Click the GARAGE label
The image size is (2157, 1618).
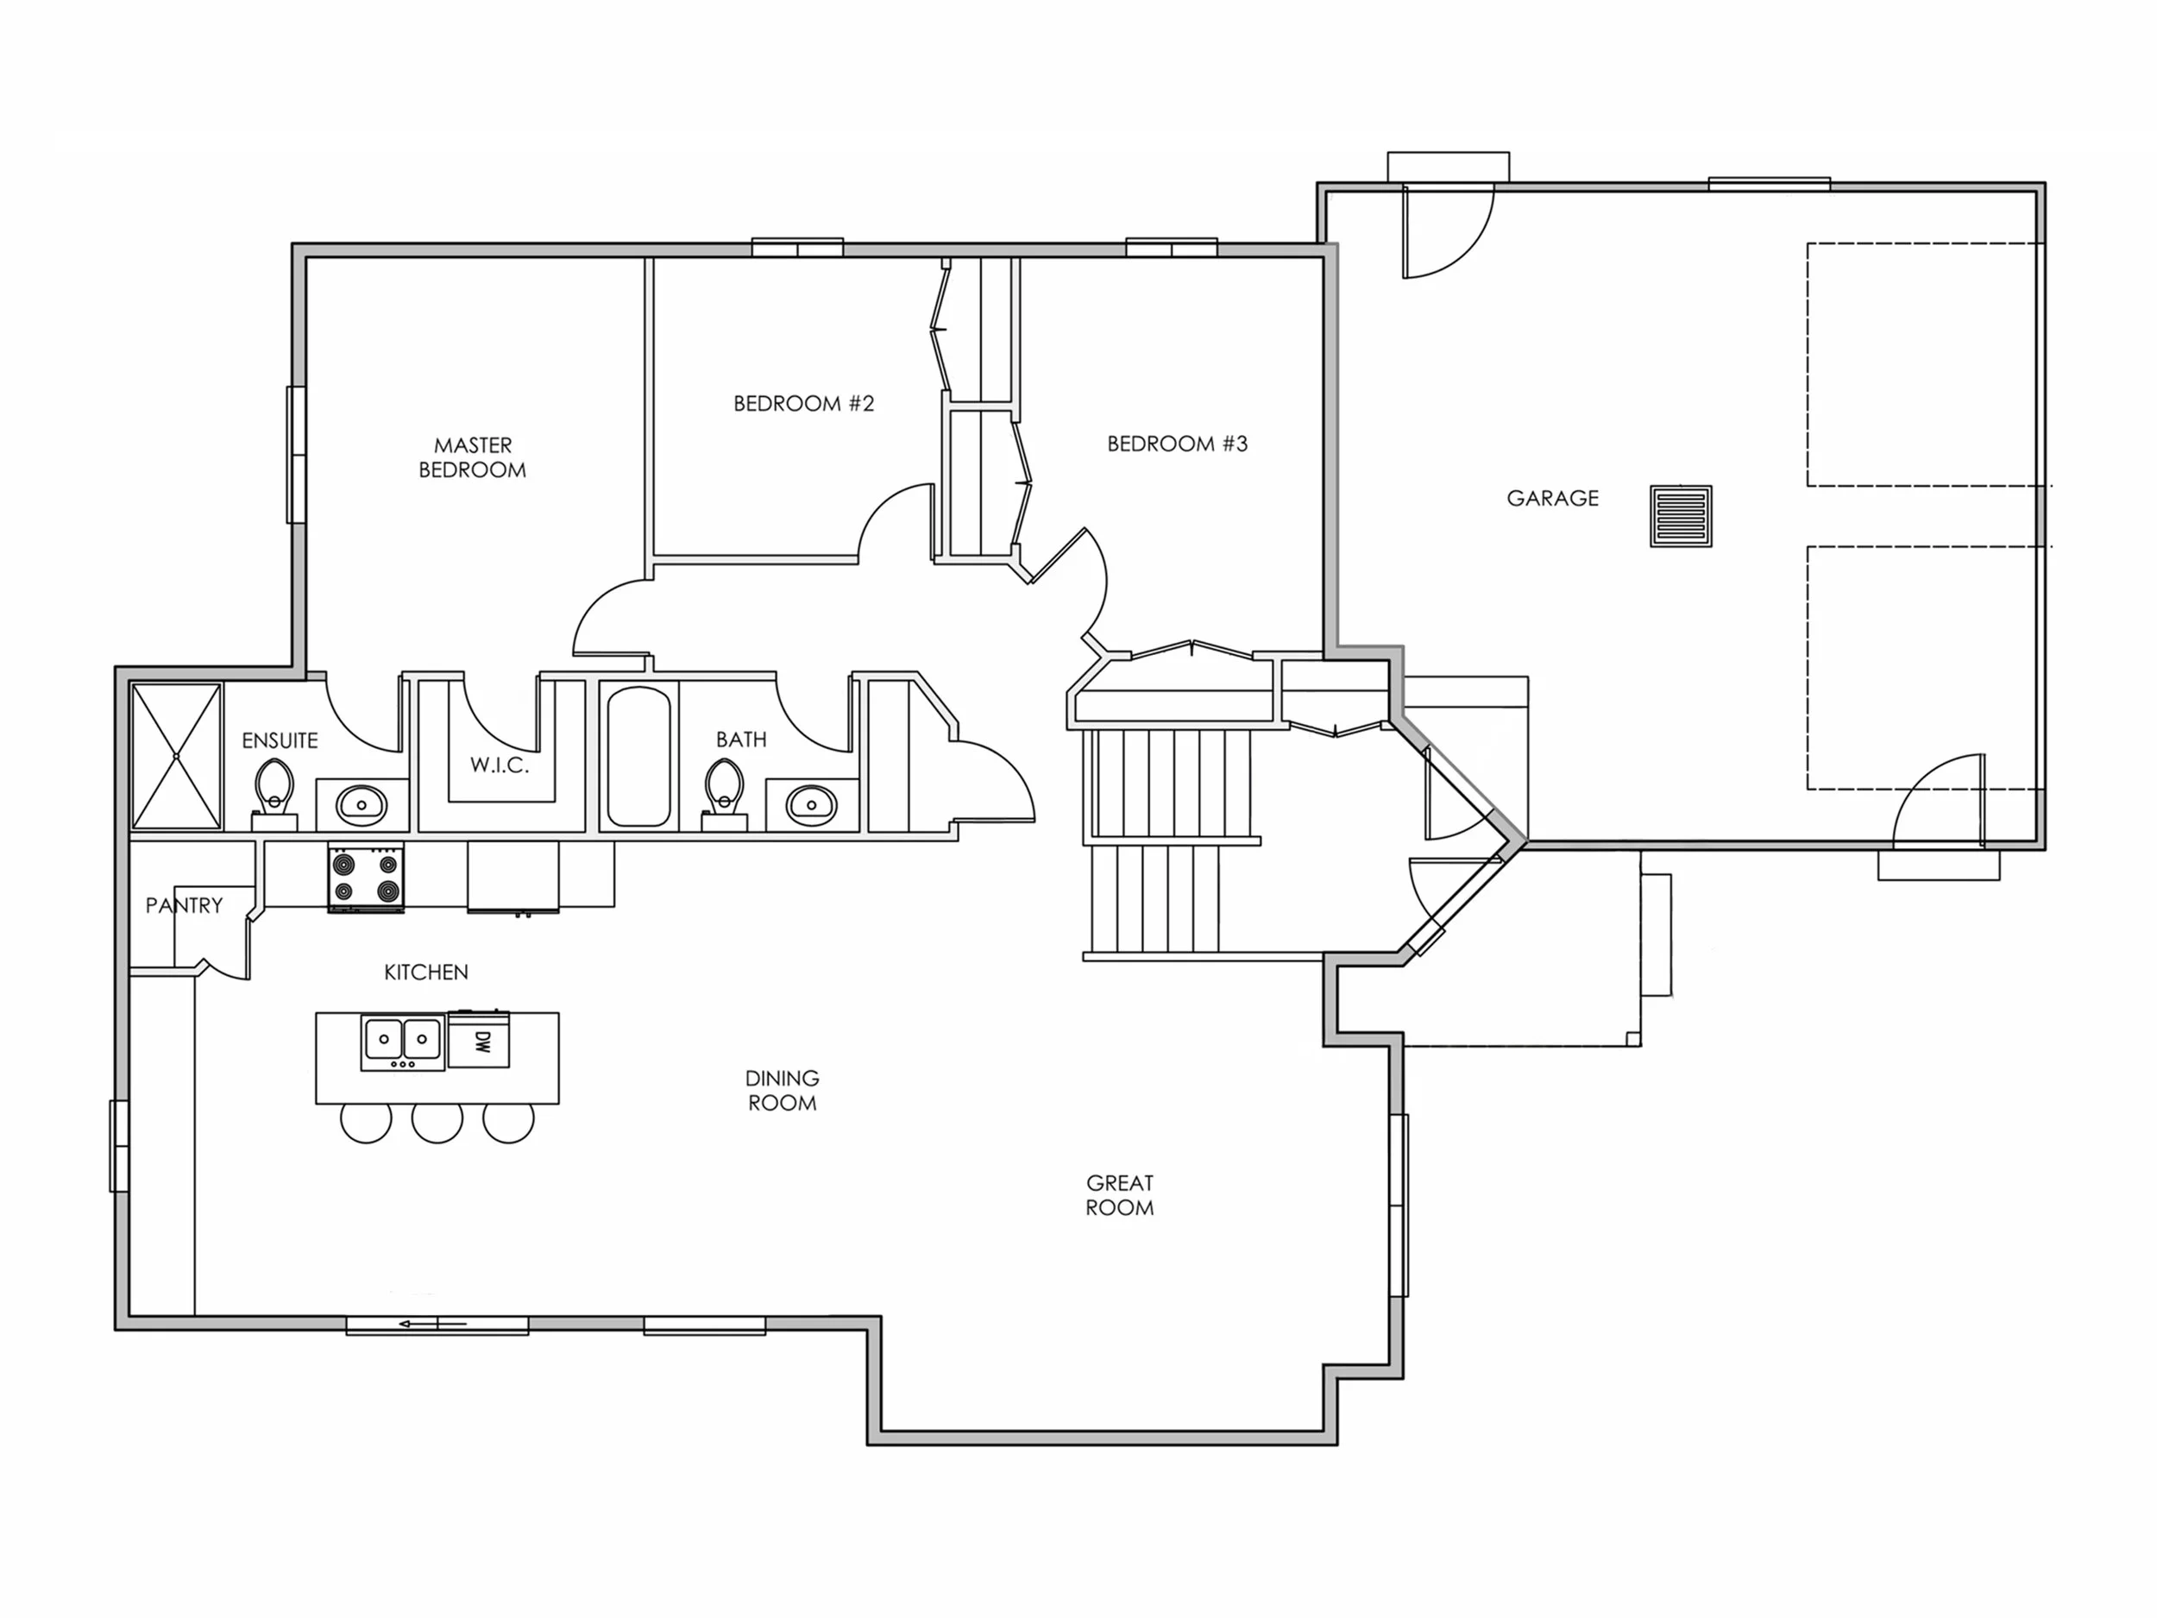coord(1552,499)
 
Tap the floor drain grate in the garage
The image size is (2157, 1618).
coord(1680,516)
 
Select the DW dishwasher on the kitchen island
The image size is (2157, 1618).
coord(480,1041)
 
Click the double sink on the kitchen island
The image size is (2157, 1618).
coord(403,1041)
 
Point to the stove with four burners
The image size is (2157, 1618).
coord(366,877)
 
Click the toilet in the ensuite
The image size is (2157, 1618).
coord(275,790)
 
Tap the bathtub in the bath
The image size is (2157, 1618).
coord(638,756)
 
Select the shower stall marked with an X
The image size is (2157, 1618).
coord(177,756)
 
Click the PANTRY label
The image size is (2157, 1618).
coord(185,905)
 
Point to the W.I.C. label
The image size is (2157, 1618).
coord(500,765)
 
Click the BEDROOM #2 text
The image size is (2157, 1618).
coord(803,404)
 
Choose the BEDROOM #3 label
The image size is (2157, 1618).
coord(1177,444)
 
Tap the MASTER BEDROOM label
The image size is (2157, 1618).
coord(473,457)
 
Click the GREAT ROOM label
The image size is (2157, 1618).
coord(1119,1194)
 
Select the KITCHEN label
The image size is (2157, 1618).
coord(426,973)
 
